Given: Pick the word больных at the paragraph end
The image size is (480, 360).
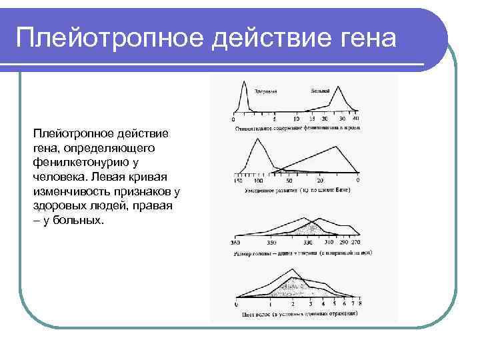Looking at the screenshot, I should tap(80, 221).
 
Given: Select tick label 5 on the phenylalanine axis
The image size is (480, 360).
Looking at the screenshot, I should tap(275, 119).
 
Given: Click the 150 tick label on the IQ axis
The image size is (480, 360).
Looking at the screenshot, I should tap(238, 181).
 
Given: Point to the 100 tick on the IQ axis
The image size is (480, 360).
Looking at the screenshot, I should tap(259, 181).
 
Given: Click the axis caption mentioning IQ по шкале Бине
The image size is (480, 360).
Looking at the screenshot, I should tap(297, 190).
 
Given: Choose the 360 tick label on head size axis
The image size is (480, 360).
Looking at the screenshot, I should tap(235, 242).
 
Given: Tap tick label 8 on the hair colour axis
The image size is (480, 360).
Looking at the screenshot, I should tap(359, 304).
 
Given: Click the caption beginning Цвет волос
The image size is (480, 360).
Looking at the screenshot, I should tap(297, 313).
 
